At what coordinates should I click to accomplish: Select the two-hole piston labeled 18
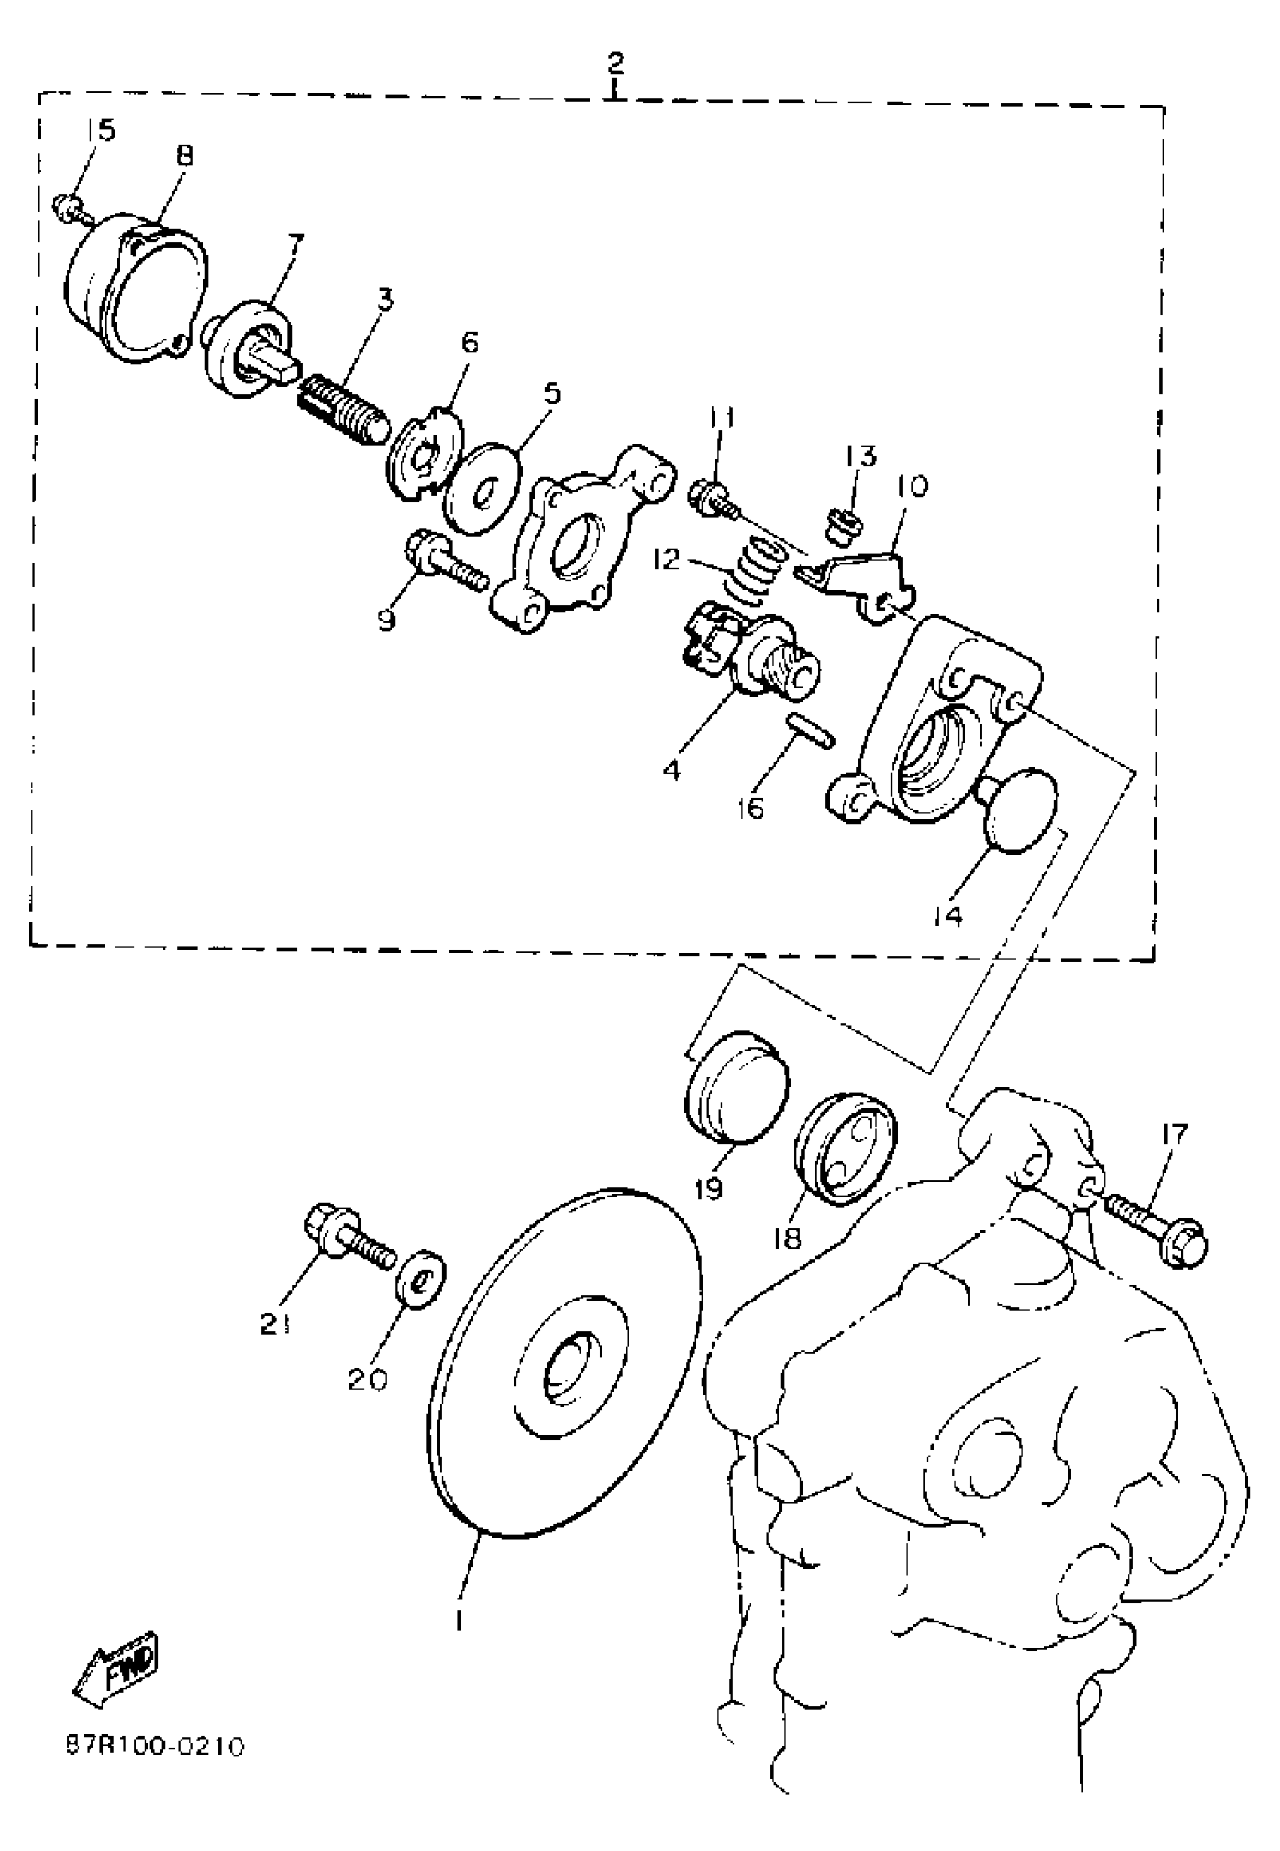pyautogui.click(x=845, y=1146)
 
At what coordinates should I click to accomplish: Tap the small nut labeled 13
pyautogui.click(x=845, y=527)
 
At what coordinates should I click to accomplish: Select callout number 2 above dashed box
pyautogui.click(x=615, y=62)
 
